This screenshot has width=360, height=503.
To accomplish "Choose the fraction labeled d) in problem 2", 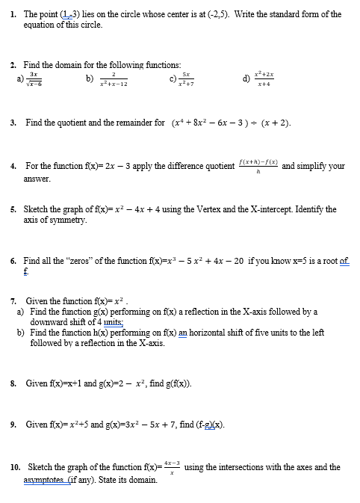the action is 261,78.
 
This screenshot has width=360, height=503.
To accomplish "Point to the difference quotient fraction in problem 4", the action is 258,166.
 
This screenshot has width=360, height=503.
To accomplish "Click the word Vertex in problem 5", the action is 210,210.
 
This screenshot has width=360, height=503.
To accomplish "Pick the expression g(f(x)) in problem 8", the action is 178,383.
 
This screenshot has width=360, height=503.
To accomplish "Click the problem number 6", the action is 13,262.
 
